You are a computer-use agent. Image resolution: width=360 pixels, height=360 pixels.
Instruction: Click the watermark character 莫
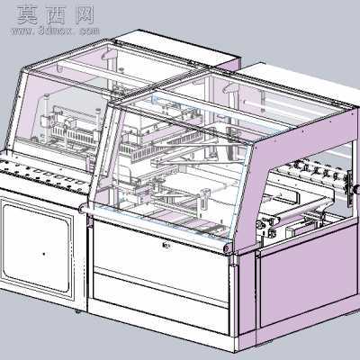pos(27,15)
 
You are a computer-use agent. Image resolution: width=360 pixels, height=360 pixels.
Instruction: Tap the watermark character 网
pos(85,15)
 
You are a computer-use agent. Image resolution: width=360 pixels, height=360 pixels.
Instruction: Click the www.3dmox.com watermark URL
pos(56,31)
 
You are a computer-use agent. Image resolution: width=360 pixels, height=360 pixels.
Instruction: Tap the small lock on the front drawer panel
pos(166,246)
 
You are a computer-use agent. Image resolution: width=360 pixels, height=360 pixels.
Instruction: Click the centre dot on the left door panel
pos(44,254)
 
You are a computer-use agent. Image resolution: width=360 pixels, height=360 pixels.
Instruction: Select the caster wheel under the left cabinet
pos(77,311)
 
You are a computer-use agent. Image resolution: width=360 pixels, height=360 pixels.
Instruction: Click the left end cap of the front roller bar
pos(84,208)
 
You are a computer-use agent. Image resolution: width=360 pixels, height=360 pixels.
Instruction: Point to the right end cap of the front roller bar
pos(227,248)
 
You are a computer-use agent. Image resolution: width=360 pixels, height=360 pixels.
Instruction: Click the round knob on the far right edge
pos(356,190)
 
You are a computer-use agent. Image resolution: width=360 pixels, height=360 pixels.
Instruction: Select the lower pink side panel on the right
pos(309,277)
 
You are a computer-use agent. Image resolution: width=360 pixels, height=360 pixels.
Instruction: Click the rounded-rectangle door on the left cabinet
pos(37,247)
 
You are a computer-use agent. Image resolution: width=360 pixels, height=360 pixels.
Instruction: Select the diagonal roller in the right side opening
pos(303,209)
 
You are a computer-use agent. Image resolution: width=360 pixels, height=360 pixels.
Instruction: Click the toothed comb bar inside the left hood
pos(74,134)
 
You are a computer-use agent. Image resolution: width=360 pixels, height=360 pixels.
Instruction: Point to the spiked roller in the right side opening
pos(315,173)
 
